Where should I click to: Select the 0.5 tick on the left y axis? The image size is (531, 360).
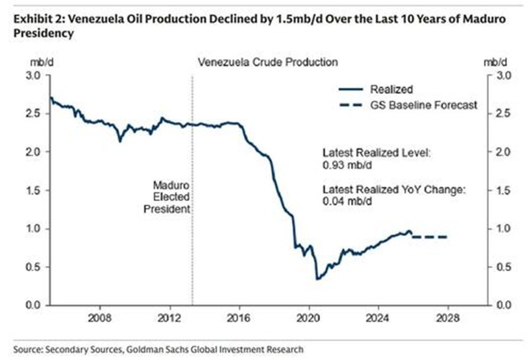tap(34, 267)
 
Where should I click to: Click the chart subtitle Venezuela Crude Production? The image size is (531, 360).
tap(267, 61)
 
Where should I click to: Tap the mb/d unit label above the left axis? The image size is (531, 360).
tap(34, 61)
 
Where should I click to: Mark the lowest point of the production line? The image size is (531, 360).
tap(317, 279)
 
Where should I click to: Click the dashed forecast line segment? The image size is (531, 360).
tap(430, 237)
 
